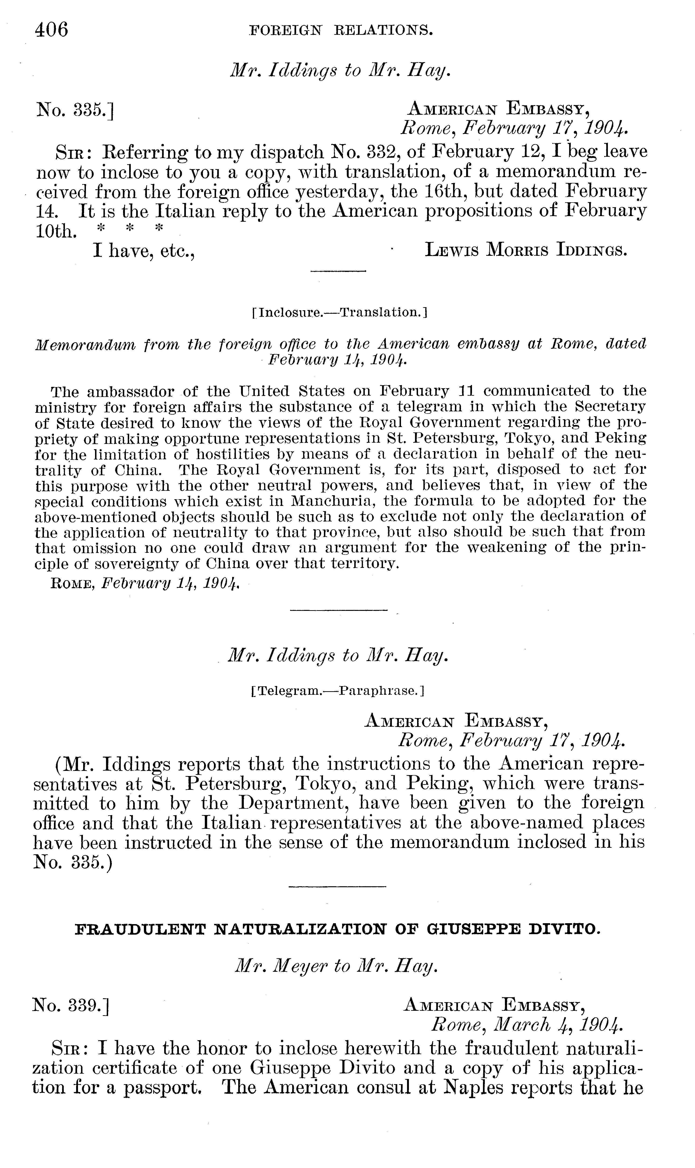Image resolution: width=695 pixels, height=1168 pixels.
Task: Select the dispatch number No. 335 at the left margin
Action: [75, 110]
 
